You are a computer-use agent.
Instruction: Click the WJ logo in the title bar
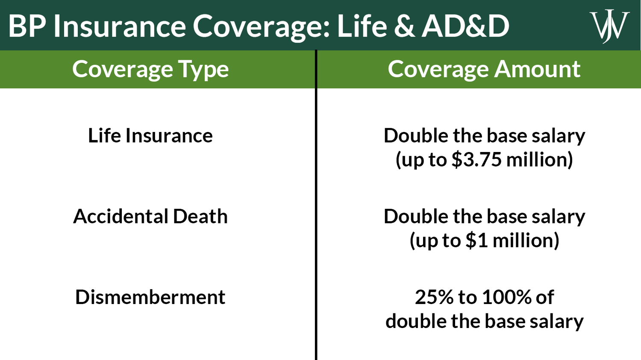pos(609,26)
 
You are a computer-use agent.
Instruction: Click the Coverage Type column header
pos(150,69)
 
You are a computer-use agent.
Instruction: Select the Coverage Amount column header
pos(484,69)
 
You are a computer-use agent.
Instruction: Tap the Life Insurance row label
pos(150,136)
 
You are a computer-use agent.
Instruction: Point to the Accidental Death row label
pos(150,217)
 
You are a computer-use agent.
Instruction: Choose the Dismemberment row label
pos(150,297)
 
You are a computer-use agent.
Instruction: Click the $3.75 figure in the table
pos(476,160)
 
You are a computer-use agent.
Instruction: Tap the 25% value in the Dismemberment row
pos(434,297)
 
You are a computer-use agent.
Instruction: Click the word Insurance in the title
pos(120,26)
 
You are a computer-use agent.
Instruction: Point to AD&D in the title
pos(466,26)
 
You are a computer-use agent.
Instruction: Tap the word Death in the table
pos(200,217)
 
